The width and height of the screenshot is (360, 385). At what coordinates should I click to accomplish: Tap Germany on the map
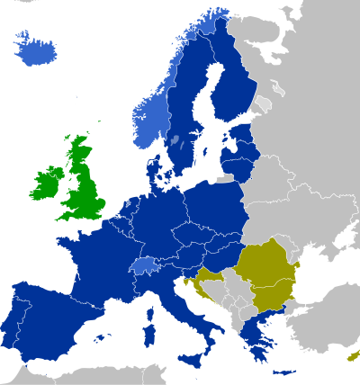pyautogui.click(x=162, y=220)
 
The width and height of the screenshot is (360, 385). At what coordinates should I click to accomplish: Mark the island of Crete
pyautogui.click(x=283, y=372)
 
